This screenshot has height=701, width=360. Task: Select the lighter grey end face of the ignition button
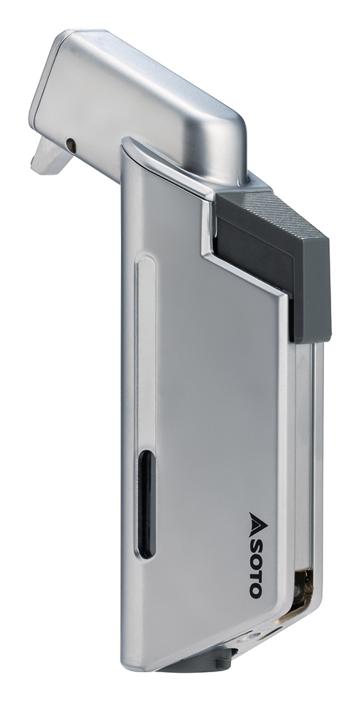click(317, 288)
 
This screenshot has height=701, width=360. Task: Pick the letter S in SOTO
click(255, 539)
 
